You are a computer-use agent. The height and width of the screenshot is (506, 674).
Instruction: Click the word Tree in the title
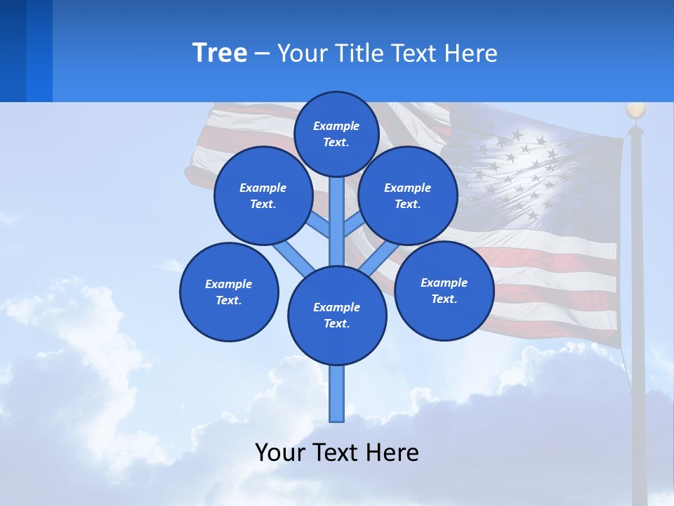(220, 53)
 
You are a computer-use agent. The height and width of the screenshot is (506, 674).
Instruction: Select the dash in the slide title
(262, 54)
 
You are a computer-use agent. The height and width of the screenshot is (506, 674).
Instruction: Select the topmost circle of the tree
(336, 134)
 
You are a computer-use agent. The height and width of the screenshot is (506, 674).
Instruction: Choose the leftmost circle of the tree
(229, 292)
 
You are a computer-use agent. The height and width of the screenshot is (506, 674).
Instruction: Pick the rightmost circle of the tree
(444, 290)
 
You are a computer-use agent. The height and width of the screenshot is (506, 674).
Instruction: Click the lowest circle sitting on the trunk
(337, 316)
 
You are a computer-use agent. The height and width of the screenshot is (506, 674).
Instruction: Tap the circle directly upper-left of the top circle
(263, 195)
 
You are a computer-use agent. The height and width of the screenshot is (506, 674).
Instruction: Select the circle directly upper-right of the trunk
(408, 195)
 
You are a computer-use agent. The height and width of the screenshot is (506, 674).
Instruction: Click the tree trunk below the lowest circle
(337, 394)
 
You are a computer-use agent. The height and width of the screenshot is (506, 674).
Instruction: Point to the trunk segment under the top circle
(337, 218)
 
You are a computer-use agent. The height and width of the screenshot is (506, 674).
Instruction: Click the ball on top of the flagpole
(635, 110)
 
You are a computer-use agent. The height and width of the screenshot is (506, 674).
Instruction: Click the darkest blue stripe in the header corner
(13, 51)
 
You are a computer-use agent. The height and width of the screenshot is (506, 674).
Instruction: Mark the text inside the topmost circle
(336, 134)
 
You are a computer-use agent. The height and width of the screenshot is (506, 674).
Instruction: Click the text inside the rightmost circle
(444, 291)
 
